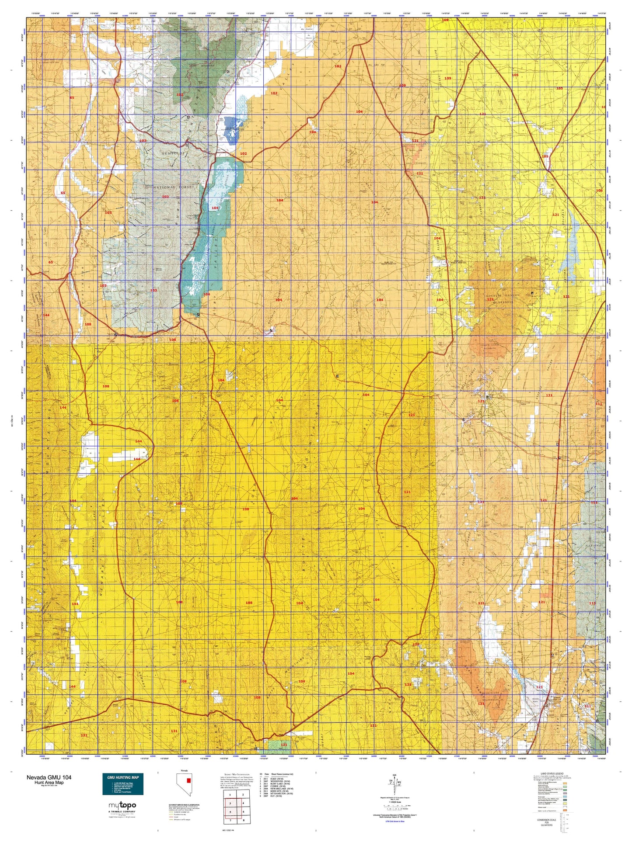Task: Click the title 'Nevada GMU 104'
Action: coord(49,777)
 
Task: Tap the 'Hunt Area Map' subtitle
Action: coord(49,782)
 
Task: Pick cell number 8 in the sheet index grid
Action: coord(242,821)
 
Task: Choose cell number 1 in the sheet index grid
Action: coord(230,794)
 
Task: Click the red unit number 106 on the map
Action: coord(599,191)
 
